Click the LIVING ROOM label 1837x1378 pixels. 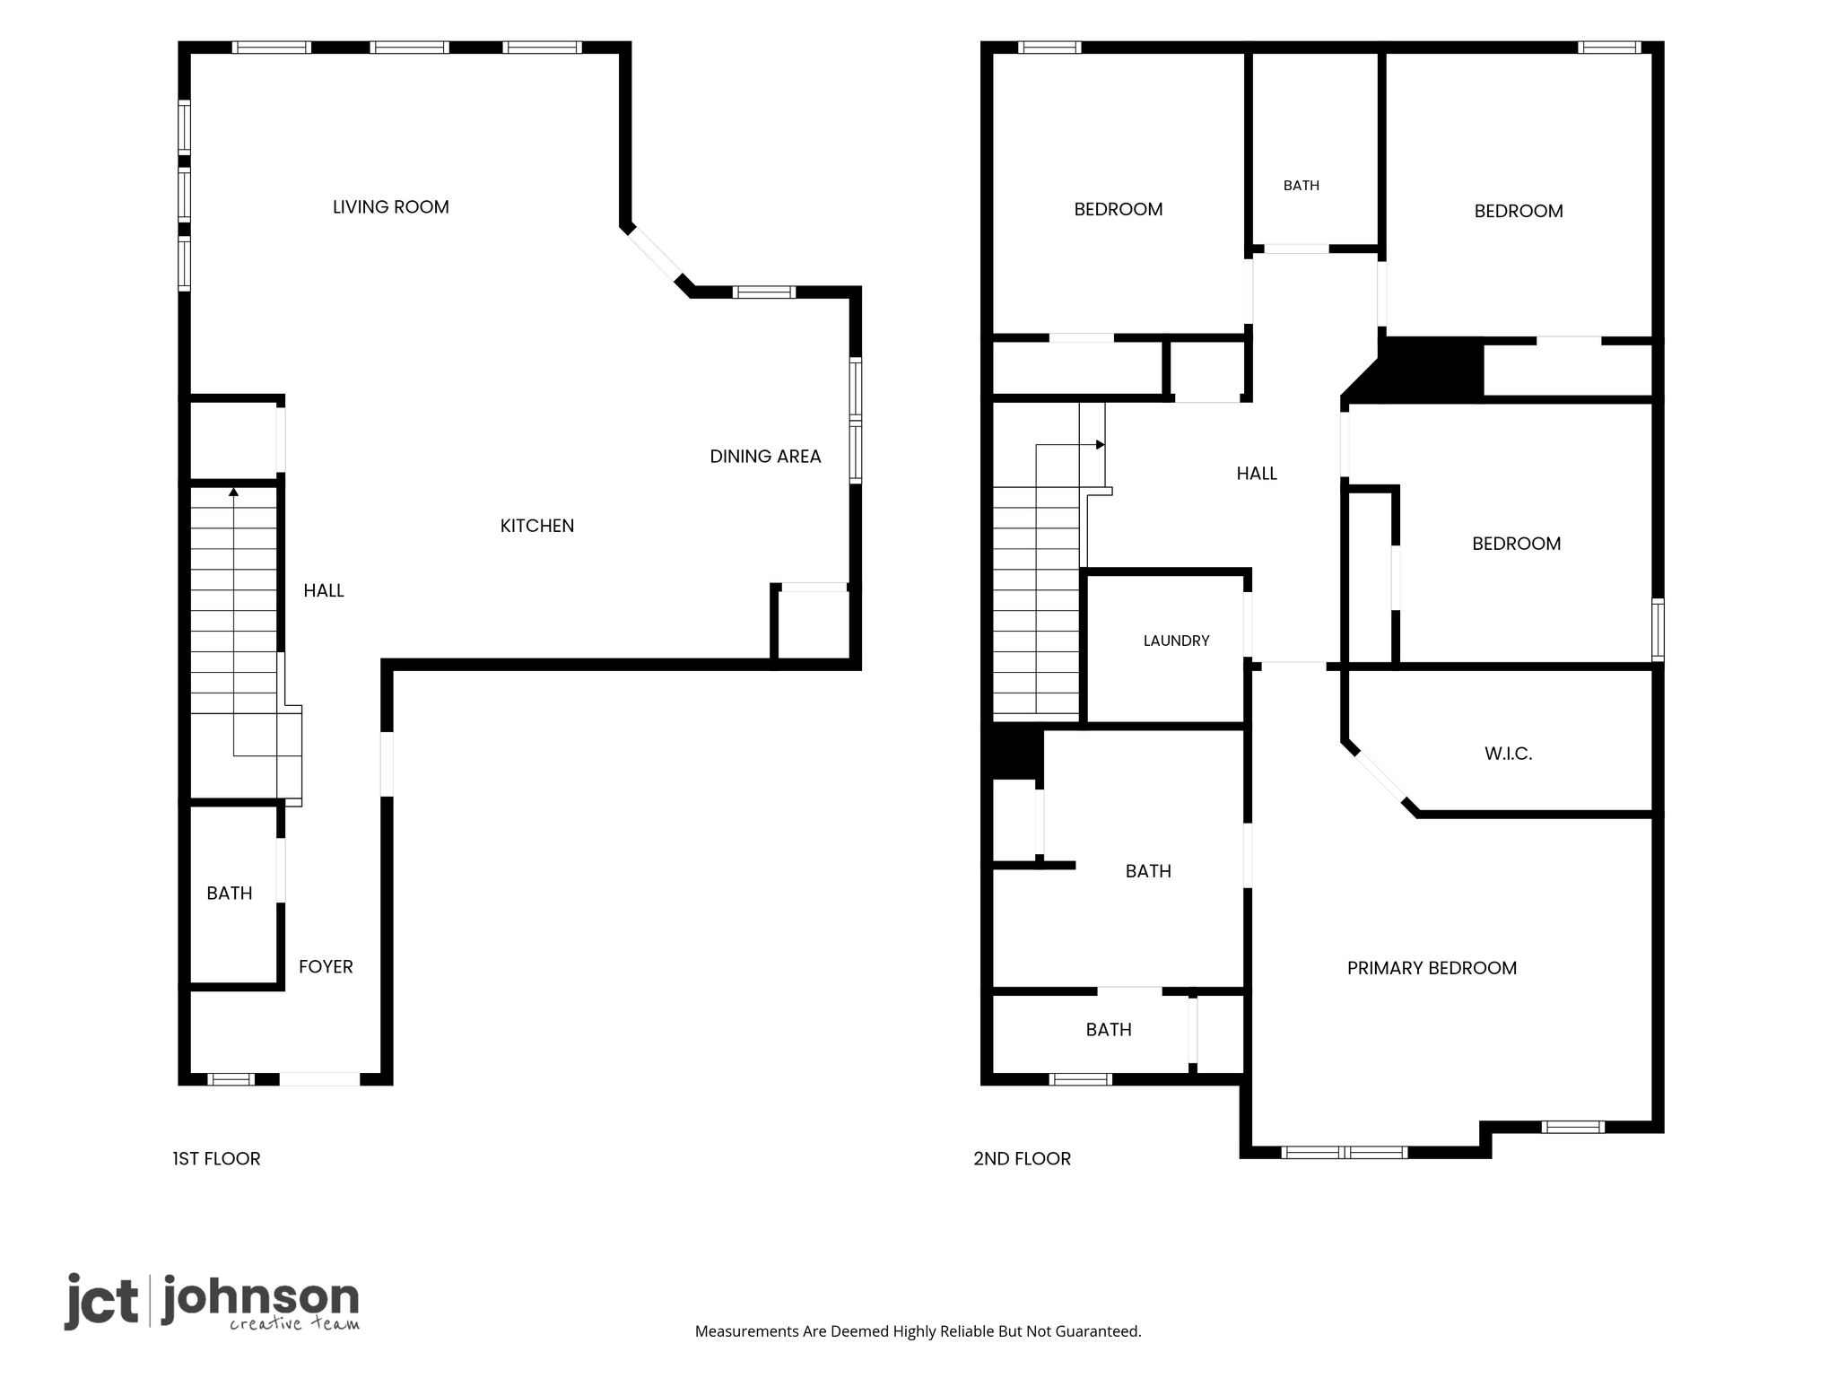tap(390, 207)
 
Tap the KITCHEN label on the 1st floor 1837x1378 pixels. tap(537, 526)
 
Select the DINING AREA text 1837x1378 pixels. tap(765, 457)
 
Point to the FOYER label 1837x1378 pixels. tap(326, 967)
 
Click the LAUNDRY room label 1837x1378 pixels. tap(1176, 641)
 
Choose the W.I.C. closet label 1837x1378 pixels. tap(1508, 754)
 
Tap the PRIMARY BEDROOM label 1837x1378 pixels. tap(1432, 968)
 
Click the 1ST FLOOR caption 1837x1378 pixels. tap(216, 1159)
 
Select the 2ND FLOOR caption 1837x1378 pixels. tap(1022, 1159)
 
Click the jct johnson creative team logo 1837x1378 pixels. tap(212, 1302)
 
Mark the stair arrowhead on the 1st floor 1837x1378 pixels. tap(234, 491)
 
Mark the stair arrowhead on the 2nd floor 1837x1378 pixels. tap(1101, 444)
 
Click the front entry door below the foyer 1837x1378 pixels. tap(319, 1079)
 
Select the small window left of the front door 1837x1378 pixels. tap(231, 1079)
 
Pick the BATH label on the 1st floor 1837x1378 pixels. tap(230, 894)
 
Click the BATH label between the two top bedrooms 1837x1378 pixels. tap(1301, 186)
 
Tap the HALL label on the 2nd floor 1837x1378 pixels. tap(1257, 474)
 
